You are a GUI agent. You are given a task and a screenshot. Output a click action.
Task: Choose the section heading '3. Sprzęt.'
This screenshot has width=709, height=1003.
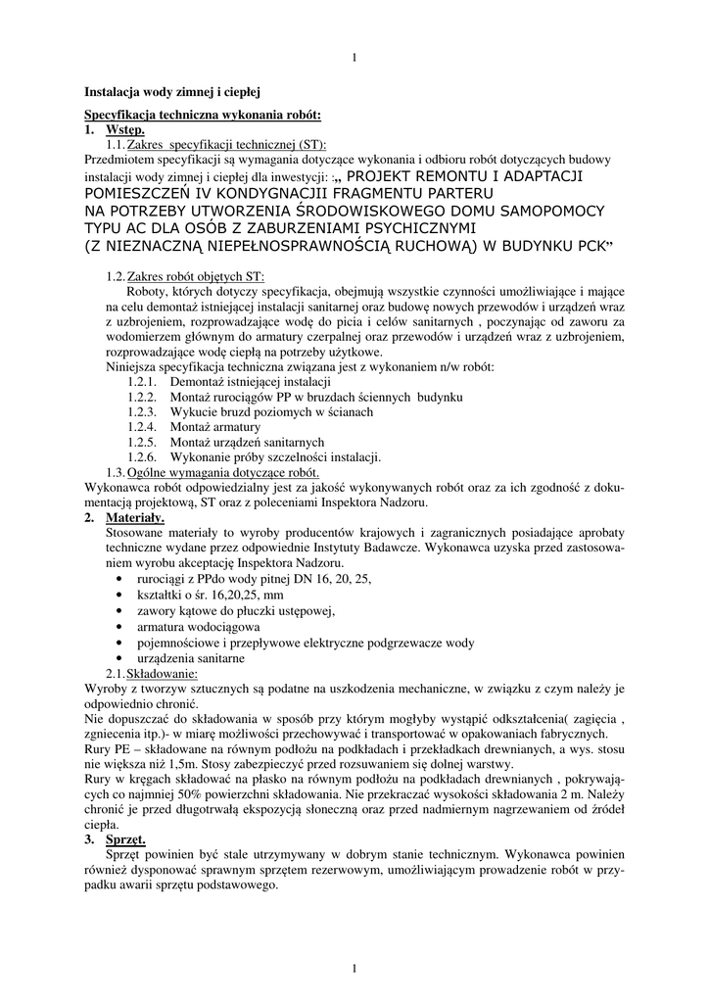[x=115, y=839]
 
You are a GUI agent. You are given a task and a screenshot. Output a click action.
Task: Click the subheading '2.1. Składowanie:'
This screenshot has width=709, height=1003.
[x=152, y=674]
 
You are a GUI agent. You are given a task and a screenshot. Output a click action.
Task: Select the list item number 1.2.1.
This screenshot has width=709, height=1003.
[x=142, y=381]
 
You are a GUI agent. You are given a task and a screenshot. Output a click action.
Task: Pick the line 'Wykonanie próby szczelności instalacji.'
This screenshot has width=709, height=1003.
[x=275, y=457]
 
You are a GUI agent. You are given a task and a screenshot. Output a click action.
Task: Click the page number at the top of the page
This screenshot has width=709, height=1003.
[x=354, y=60]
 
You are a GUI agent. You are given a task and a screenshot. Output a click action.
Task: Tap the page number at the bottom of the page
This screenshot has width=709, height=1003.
[x=354, y=969]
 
